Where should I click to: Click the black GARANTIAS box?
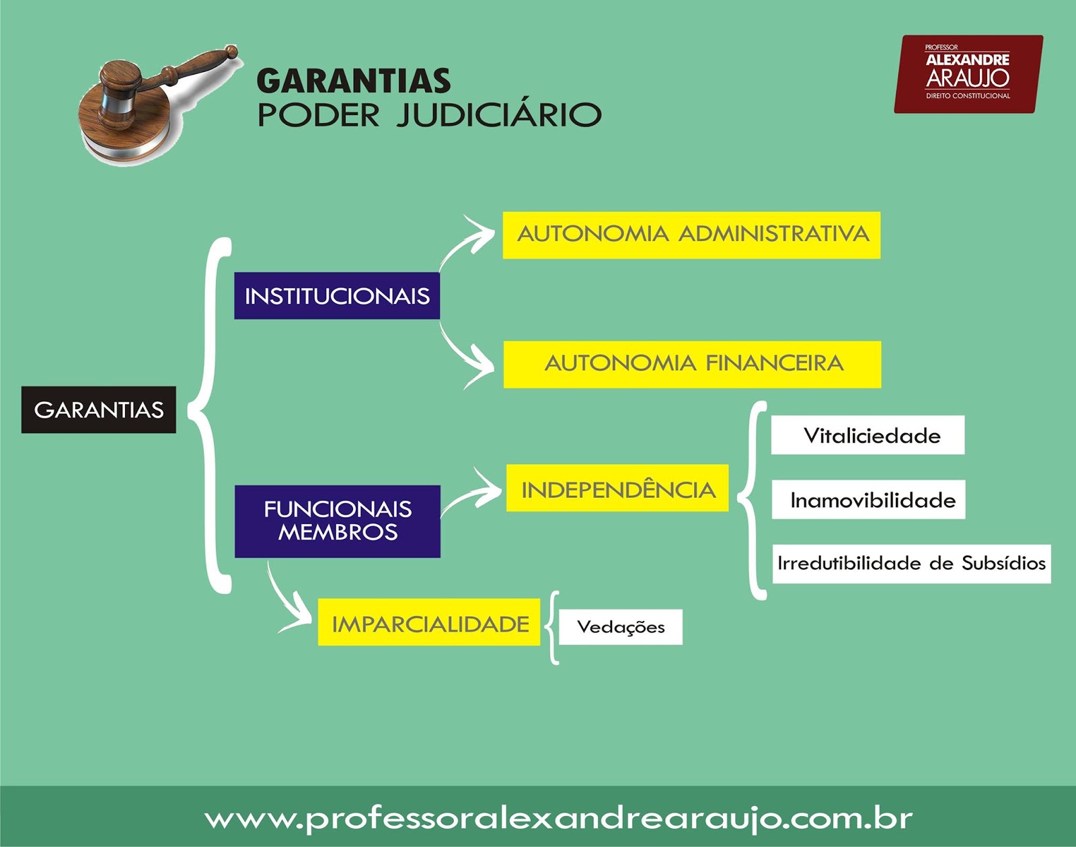coord(99,410)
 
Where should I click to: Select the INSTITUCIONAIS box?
coord(337,296)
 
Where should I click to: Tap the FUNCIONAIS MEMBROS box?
coord(338,521)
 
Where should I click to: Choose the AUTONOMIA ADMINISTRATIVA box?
coord(691,235)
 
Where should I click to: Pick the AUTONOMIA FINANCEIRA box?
coord(692,364)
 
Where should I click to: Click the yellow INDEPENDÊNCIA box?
coord(617,488)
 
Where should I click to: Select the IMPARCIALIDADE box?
coord(429,622)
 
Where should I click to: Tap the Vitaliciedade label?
coord(868,435)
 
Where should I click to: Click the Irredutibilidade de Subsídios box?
coord(911,564)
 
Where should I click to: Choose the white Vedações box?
coord(620,627)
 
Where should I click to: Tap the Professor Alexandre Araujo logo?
coord(968,74)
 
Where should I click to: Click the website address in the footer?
coord(558,819)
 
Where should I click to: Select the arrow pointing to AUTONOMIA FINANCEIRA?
coord(468,358)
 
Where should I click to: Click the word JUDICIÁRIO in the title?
coord(498,115)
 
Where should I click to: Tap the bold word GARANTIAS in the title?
coord(354,81)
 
